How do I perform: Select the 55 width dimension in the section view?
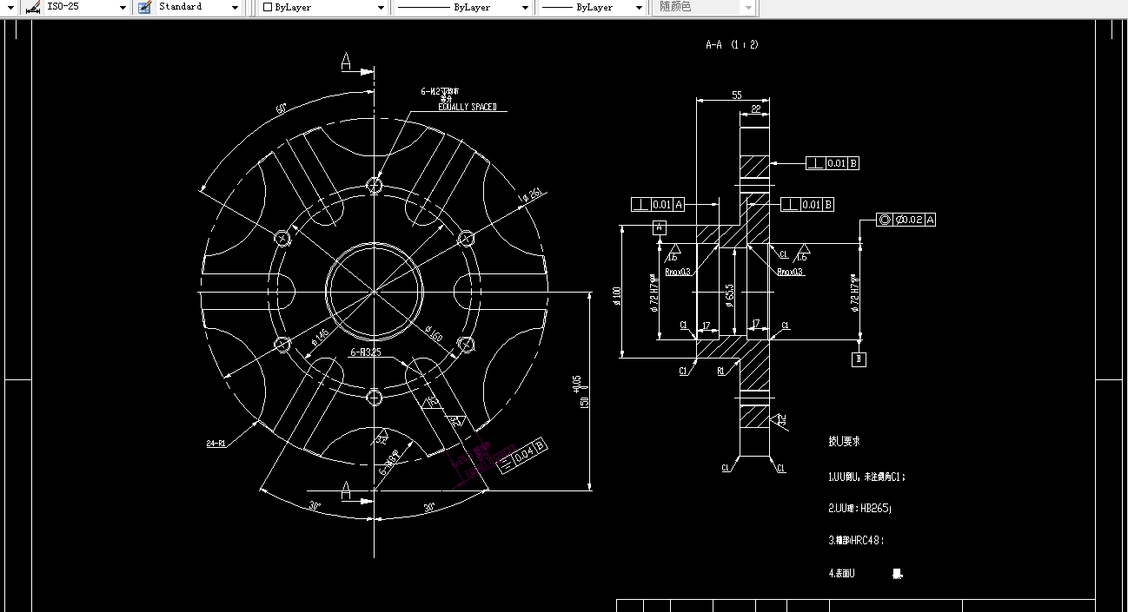[x=737, y=95]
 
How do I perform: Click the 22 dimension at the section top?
[x=755, y=109]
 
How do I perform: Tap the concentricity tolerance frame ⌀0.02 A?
[x=906, y=220]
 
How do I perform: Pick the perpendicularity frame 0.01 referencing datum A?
[x=658, y=204]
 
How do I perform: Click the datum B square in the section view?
[x=859, y=359]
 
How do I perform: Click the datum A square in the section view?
[x=660, y=227]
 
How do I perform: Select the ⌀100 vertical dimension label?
[x=617, y=296]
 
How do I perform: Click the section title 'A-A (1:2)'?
[x=732, y=44]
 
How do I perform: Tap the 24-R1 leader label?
[x=216, y=444]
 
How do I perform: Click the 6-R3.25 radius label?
[x=365, y=352]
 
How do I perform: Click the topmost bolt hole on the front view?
[x=375, y=185]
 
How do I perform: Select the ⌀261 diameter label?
[x=532, y=194]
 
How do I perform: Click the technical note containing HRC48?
[x=855, y=540]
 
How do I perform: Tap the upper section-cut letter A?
[x=346, y=61]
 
